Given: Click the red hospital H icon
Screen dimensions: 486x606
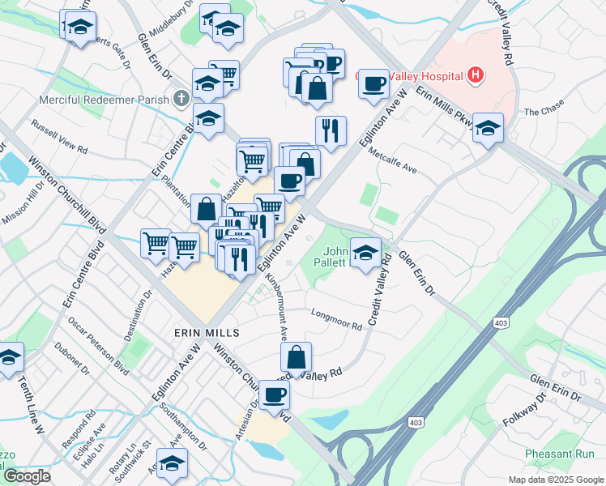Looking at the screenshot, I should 476,77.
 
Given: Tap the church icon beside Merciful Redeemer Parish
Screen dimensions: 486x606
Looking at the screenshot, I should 181,100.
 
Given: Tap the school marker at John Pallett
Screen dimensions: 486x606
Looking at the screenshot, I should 365,251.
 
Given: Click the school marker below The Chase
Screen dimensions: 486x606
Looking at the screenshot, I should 488,128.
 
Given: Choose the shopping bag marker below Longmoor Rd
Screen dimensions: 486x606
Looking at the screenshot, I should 297,356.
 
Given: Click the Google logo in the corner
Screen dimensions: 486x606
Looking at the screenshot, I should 27,477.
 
